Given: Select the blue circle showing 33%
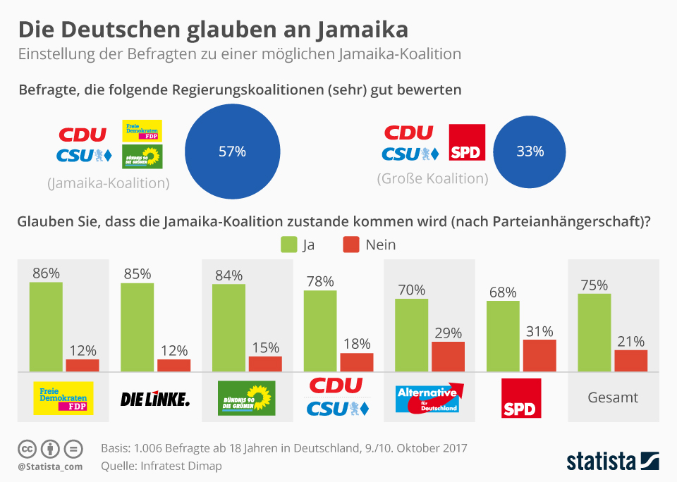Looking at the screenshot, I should (530, 152).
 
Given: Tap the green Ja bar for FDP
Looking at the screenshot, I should (46, 326).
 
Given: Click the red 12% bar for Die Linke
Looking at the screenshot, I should (173, 365).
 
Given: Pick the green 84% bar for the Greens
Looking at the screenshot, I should (228, 328).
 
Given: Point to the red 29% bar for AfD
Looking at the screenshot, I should (448, 357).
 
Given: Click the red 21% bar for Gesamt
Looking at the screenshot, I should (630, 360).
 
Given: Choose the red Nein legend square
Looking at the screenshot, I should (351, 245).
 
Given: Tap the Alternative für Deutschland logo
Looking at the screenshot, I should (428, 398).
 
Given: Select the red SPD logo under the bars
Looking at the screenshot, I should (520, 398).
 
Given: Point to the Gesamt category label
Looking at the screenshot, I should (613, 397).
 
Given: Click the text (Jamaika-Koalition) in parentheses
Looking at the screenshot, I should (108, 183).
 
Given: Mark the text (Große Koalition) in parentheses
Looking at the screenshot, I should (432, 178).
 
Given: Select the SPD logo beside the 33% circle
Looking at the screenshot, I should (467, 142).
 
